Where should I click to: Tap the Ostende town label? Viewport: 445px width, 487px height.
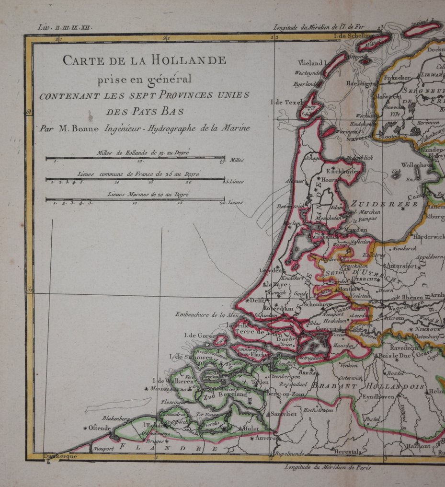pyautogui.click(x=97, y=428)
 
